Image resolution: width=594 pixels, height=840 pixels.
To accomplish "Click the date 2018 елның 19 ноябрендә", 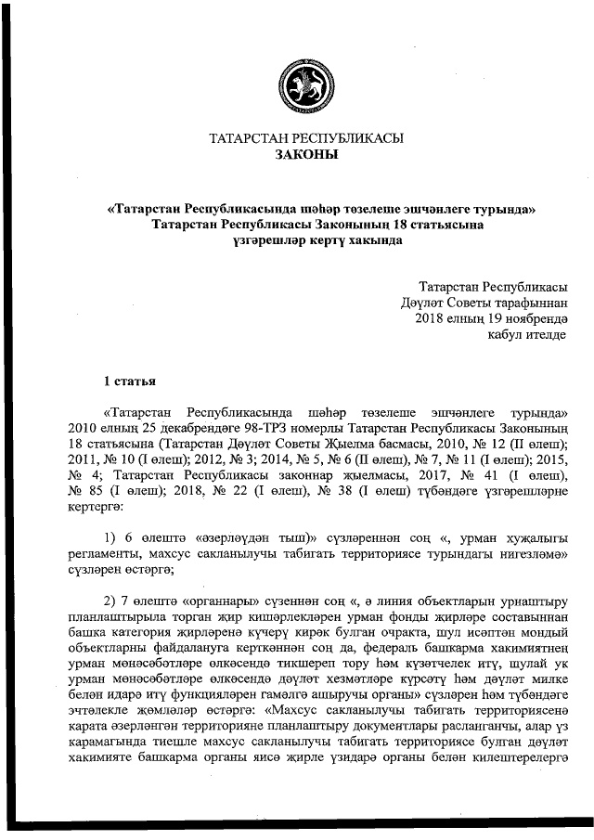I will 491,318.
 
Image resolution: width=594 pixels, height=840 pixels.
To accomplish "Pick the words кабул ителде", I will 526,334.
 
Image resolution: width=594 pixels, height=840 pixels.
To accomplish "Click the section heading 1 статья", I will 129,381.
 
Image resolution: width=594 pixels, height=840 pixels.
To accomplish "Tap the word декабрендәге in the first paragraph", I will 160,428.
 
